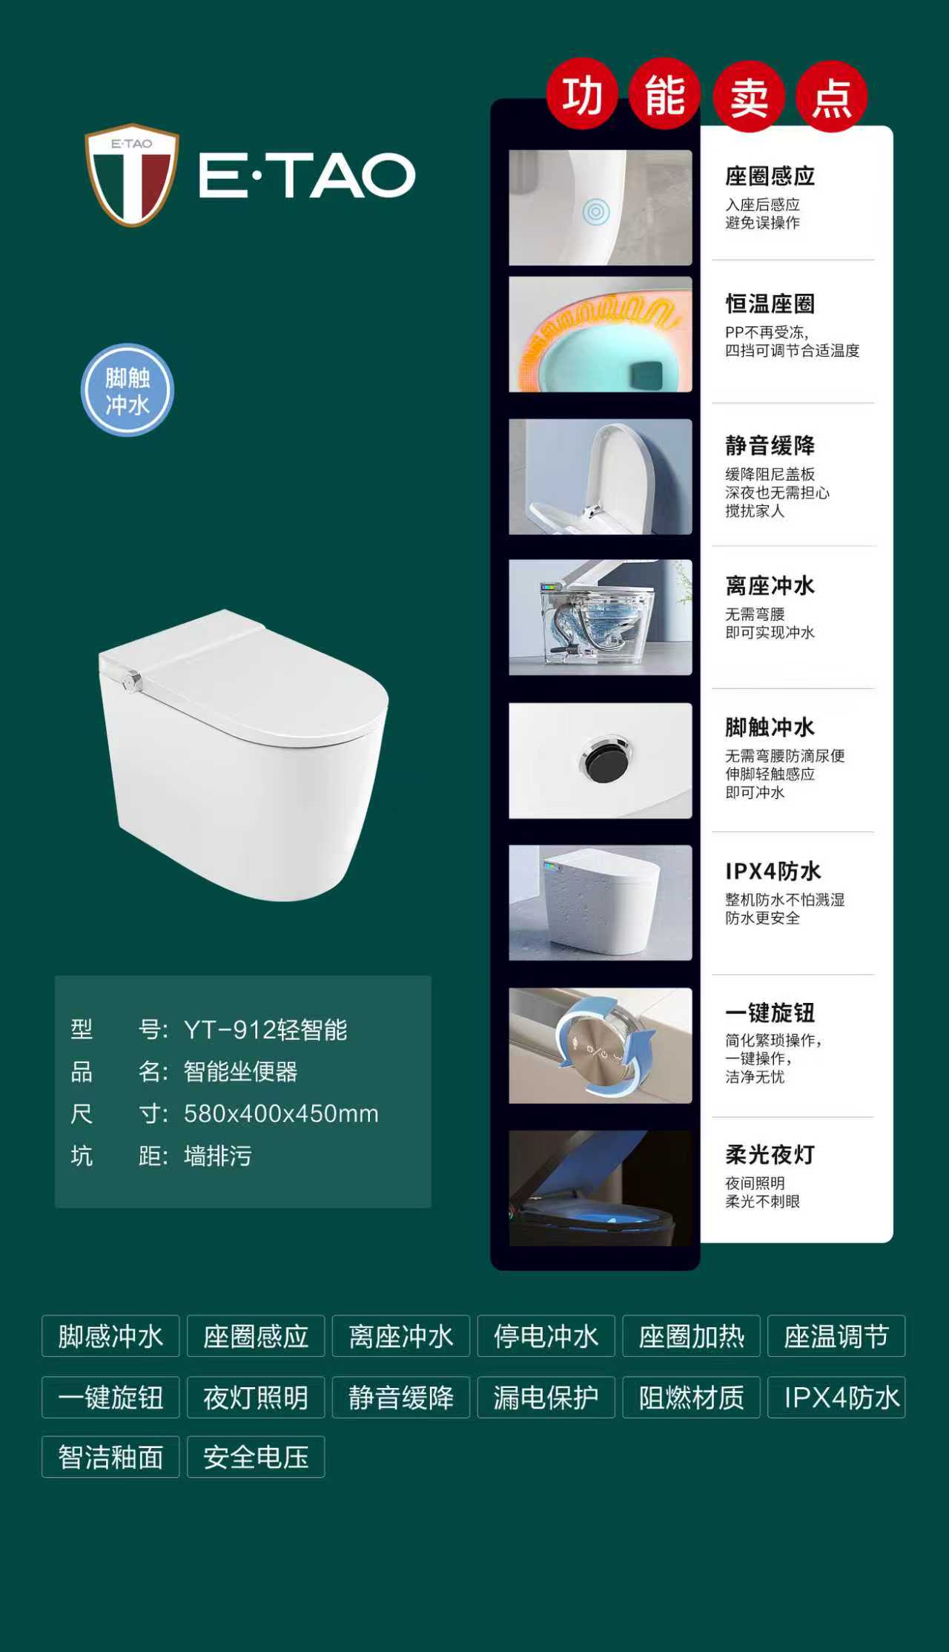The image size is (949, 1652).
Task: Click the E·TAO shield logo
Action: (132, 175)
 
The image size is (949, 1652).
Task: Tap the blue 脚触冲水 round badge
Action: (128, 390)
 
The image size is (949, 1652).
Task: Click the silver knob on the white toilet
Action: (132, 680)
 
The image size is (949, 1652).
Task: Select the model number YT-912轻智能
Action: (265, 1030)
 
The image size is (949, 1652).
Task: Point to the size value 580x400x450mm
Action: (281, 1113)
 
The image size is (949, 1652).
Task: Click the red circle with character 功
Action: (583, 95)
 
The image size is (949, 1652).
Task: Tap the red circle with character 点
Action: (832, 96)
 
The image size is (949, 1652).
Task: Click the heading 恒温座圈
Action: (770, 303)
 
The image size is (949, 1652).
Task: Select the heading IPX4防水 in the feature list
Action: (773, 871)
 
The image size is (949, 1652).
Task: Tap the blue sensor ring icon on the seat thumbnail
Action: (595, 212)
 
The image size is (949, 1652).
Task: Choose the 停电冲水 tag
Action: (546, 1336)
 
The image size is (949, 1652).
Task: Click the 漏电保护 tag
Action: (546, 1398)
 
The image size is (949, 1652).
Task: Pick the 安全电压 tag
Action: (256, 1457)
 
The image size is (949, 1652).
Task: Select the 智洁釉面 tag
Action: (110, 1457)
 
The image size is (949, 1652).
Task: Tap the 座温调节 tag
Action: (836, 1336)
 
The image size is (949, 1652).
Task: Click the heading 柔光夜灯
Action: (770, 1154)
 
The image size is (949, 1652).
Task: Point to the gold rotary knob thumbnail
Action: (601, 1045)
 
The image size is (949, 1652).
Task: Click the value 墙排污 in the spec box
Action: (218, 1156)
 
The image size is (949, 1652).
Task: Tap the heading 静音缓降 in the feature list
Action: (770, 445)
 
